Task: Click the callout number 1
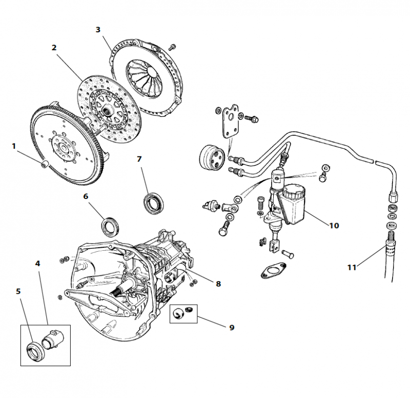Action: click(x=14, y=146)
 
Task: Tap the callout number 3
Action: click(x=98, y=29)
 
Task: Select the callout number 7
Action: click(x=139, y=159)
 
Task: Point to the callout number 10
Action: click(x=334, y=225)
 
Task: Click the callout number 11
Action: click(x=352, y=267)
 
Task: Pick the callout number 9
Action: click(x=232, y=327)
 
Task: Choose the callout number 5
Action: click(x=18, y=291)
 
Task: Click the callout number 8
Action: click(x=218, y=284)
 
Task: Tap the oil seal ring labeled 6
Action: click(x=110, y=226)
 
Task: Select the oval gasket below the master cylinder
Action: click(x=270, y=270)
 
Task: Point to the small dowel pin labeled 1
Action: click(x=45, y=164)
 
